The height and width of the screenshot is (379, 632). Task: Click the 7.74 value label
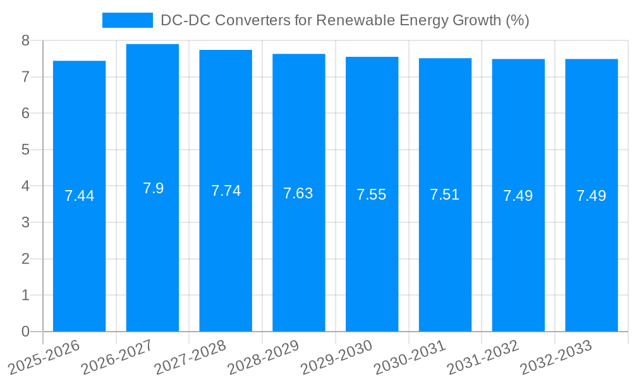pyautogui.click(x=226, y=191)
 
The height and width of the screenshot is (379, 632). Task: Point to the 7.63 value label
pyautogui.click(x=298, y=193)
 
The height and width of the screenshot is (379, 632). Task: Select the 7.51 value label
pyautogui.click(x=445, y=195)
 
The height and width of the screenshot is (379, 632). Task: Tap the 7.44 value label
pyautogui.click(x=79, y=196)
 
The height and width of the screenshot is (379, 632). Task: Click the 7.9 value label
pyautogui.click(x=153, y=188)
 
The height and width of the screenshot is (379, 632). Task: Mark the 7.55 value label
pyautogui.click(x=372, y=195)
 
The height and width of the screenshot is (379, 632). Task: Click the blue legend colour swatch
pyautogui.click(x=128, y=20)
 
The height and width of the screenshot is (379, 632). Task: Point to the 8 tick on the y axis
pyautogui.click(x=25, y=40)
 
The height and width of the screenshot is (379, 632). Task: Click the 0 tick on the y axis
pyautogui.click(x=25, y=332)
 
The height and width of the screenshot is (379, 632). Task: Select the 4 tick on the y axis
pyautogui.click(x=25, y=186)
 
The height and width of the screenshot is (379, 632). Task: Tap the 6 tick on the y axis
pyautogui.click(x=25, y=114)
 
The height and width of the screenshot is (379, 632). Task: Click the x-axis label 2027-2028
pyautogui.click(x=190, y=358)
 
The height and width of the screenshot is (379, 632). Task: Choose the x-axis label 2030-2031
pyautogui.click(x=409, y=358)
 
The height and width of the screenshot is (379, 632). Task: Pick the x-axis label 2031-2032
pyautogui.click(x=482, y=358)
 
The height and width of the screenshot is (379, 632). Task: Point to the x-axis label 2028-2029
pyautogui.click(x=263, y=358)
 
